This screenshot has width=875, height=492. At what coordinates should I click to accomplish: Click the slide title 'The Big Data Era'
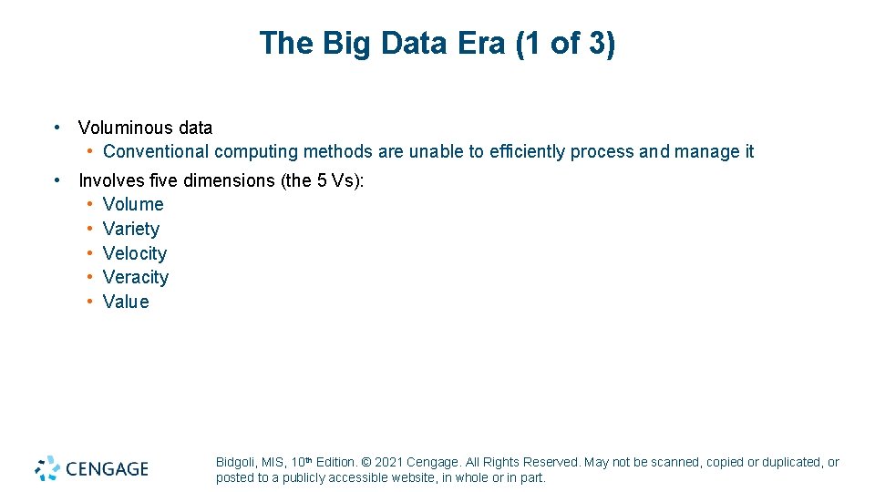(383, 44)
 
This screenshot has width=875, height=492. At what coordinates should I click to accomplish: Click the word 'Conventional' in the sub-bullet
(156, 152)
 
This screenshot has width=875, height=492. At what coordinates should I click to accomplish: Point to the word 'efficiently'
(527, 152)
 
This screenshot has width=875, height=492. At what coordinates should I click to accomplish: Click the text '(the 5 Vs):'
(323, 180)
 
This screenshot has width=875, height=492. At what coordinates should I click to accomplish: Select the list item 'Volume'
(133, 205)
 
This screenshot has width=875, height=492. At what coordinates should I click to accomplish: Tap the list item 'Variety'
(130, 229)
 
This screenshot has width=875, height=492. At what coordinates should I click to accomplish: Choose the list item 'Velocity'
(134, 253)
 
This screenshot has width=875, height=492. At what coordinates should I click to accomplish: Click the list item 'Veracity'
(135, 277)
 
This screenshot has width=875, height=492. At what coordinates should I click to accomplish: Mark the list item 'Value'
(126, 302)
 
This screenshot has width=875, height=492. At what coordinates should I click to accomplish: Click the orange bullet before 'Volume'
(91, 205)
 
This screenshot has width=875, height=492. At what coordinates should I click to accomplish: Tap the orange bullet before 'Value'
(91, 302)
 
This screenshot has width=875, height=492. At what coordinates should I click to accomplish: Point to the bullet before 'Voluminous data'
(57, 128)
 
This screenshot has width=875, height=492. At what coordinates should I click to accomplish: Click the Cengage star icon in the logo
(47, 468)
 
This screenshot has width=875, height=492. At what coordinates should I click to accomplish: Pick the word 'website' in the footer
(413, 478)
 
